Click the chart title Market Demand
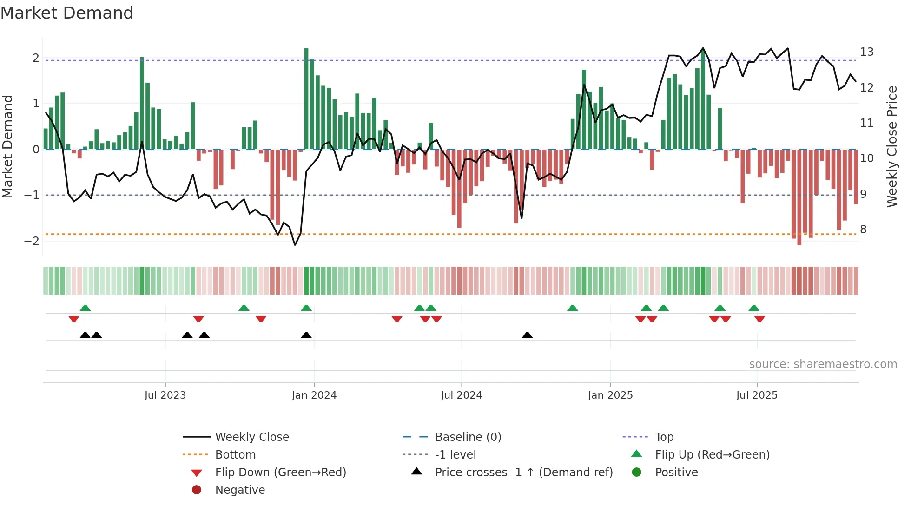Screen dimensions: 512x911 pos(67,13)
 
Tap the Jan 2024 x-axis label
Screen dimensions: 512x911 pos(314,395)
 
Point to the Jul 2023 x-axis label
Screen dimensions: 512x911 pos(165,395)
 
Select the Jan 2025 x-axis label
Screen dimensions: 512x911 pos(610,395)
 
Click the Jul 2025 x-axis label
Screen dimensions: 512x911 pos(757,395)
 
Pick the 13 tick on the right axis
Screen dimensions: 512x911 pos(866,52)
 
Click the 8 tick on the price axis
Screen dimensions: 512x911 pos(863,230)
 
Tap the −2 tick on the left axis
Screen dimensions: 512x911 pos(32,241)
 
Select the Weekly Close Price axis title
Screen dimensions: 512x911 pos(891,146)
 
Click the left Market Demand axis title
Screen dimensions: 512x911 pos(7,146)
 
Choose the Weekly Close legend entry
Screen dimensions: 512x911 pos(251,437)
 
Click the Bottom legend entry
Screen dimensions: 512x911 pos(235,455)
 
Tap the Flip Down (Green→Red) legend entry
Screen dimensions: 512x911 pos(280,473)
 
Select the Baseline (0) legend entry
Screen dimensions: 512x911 pos(468,437)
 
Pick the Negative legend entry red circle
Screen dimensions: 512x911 pos(197,490)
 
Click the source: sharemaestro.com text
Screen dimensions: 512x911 pos(823,364)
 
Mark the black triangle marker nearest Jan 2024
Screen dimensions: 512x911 pos(306,335)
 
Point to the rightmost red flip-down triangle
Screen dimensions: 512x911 pos(759,319)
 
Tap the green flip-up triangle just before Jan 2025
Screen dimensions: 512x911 pos(573,308)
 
